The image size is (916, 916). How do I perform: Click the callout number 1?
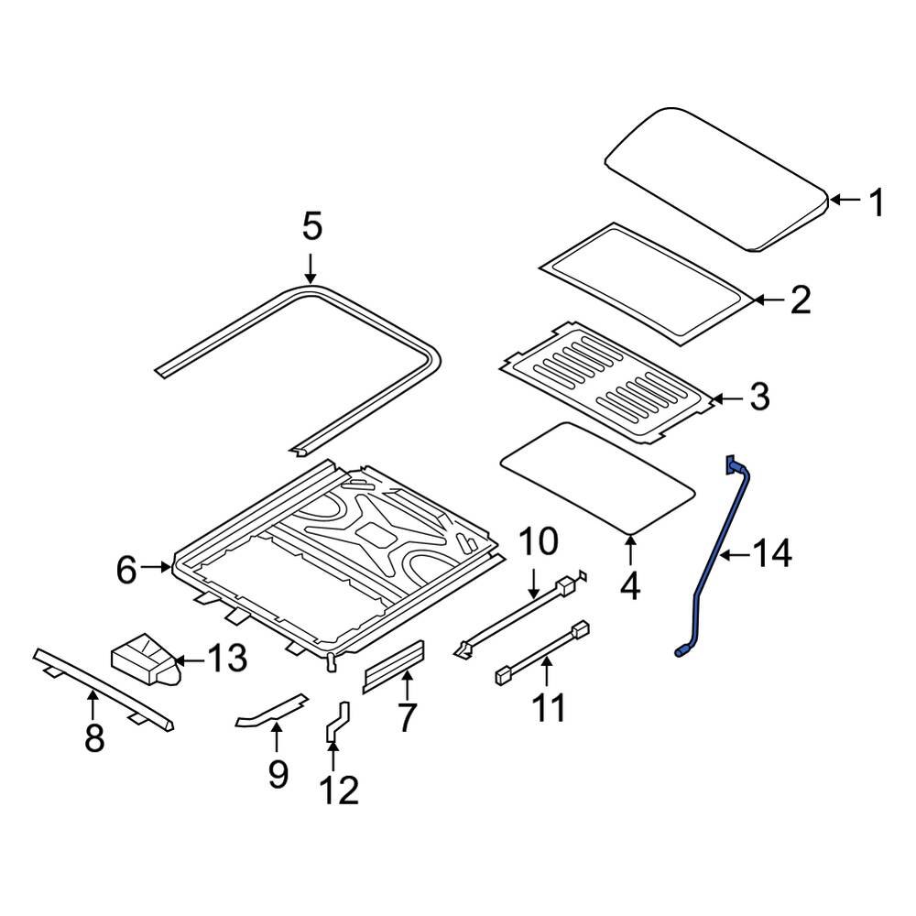tap(877, 202)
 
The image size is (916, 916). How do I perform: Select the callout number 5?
tap(311, 226)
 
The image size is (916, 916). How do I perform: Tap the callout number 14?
tap(771, 554)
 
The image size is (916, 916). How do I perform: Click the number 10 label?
tap(539, 542)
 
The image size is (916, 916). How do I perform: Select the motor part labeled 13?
tap(142, 660)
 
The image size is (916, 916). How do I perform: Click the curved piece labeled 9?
tap(271, 710)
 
